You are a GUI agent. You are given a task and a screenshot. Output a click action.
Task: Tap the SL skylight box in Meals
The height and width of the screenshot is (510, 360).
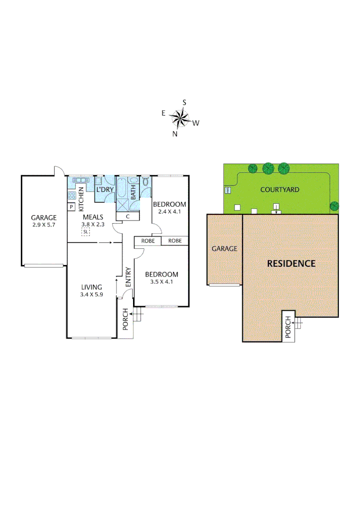coord(85,232)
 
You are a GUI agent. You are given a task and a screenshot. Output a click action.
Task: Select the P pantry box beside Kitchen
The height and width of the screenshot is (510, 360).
coord(71,207)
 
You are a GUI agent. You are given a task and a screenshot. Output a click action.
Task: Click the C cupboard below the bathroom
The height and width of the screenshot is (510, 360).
coord(128,216)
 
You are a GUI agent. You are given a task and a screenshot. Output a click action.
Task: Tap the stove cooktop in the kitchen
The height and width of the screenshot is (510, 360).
coord(72,195)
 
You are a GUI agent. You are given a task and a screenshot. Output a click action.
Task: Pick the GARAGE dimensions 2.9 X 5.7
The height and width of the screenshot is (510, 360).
coord(43,226)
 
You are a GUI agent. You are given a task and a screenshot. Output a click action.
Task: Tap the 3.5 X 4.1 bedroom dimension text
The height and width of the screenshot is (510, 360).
coord(161,283)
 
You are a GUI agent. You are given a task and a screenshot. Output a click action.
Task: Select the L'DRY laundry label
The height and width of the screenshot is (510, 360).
coord(104,190)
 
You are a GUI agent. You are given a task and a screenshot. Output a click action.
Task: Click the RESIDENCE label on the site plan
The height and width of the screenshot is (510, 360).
coord(291,263)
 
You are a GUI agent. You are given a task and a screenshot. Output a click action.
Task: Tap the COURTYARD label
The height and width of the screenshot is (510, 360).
coord(280,190)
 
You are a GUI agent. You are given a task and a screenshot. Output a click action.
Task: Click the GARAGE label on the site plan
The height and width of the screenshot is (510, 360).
coord(224,248)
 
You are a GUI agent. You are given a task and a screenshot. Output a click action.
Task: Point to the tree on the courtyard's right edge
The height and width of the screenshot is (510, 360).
coord(335,206)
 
